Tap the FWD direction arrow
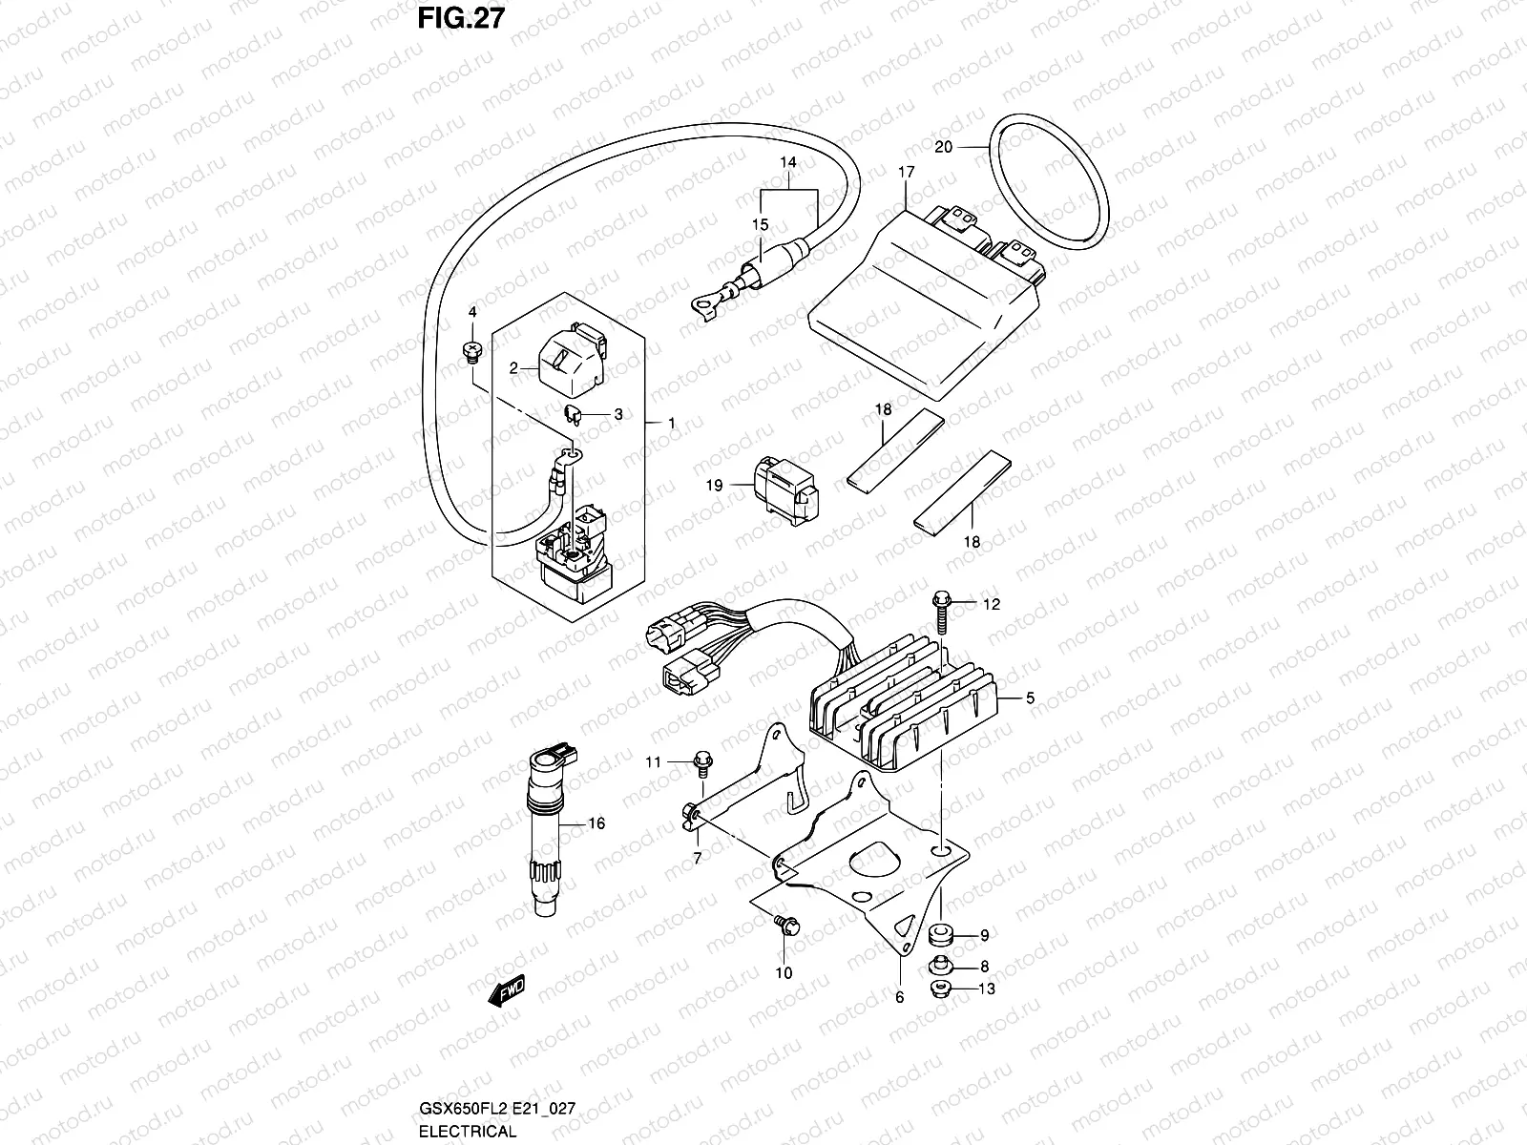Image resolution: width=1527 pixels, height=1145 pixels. coord(507,992)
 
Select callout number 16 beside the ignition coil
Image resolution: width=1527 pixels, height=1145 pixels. coord(596,823)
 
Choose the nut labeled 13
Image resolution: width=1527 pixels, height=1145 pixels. coord(939,989)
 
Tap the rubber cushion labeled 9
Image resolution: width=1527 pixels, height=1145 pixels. coord(940,934)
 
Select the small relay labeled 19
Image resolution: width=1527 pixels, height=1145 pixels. coord(786,489)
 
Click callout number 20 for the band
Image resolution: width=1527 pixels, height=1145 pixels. coord(944,147)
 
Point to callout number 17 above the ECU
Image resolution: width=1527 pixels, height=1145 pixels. coord(906,173)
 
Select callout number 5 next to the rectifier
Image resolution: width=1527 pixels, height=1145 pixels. coord(1030,698)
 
